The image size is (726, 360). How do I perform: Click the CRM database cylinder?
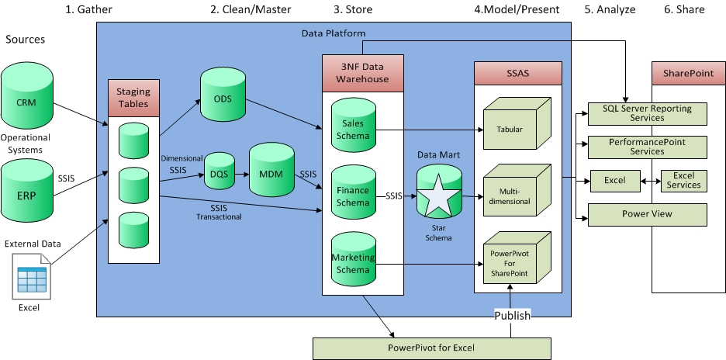[x=27, y=99]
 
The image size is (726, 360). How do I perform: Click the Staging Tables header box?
[x=133, y=99]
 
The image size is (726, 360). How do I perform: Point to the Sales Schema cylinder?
[x=354, y=129]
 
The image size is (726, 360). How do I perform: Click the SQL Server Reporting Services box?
[x=648, y=113]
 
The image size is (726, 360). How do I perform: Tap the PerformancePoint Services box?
[x=648, y=147]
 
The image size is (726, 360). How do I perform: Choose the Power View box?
[x=648, y=214]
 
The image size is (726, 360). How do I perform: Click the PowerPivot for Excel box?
[x=430, y=347]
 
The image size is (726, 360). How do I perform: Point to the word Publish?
[x=513, y=315]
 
